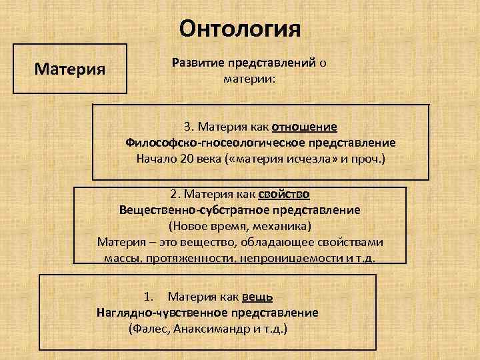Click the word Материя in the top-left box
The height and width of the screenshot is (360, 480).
pyautogui.click(x=73, y=69)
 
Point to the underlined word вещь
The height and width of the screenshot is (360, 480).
pyautogui.click(x=257, y=296)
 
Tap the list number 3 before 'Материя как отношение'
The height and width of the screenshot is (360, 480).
pyautogui.click(x=188, y=127)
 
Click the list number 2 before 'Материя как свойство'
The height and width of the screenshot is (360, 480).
pyautogui.click(x=174, y=194)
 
